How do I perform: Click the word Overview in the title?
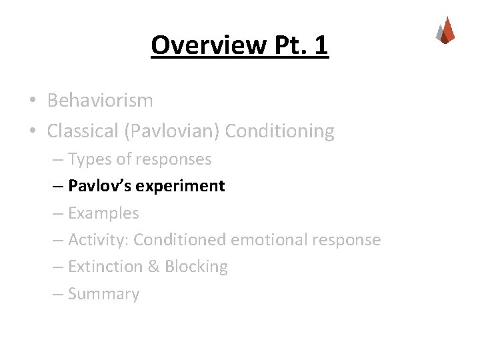[207, 45]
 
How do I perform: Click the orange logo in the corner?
[445, 30]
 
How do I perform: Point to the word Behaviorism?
[100, 101]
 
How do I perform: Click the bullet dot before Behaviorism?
[32, 101]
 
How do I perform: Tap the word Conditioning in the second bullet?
[279, 131]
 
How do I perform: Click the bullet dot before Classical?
[32, 132]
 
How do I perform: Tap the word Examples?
[103, 213]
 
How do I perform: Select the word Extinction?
[105, 267]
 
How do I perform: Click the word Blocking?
[196, 267]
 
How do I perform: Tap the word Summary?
[103, 294]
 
